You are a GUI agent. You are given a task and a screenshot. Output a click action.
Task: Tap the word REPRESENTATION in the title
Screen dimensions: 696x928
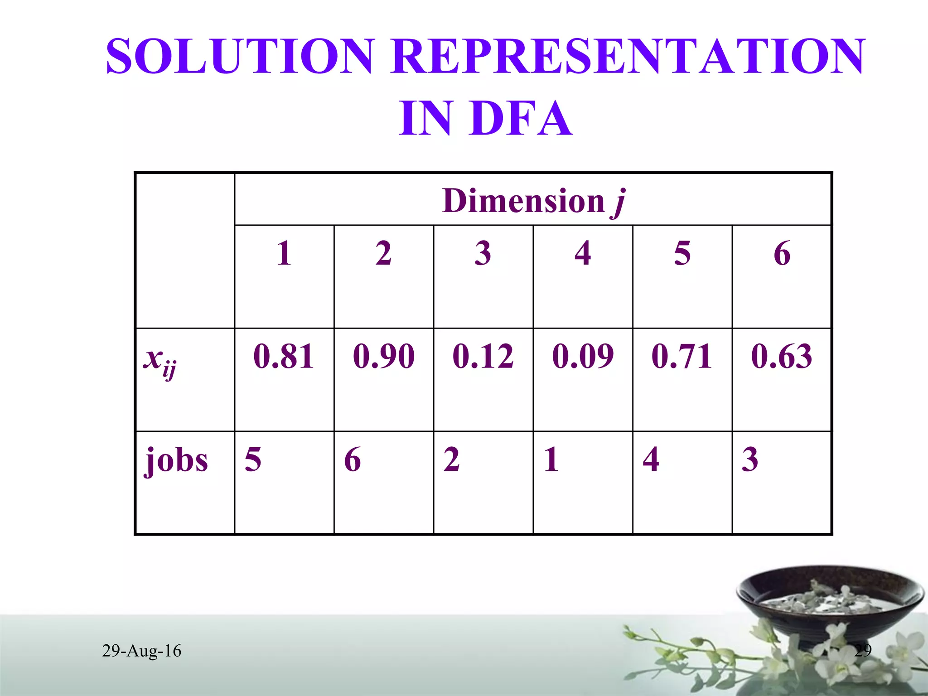click(x=628, y=56)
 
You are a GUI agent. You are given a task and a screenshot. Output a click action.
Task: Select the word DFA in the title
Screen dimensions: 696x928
click(x=521, y=119)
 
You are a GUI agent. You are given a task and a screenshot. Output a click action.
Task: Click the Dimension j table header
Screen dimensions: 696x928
click(x=533, y=200)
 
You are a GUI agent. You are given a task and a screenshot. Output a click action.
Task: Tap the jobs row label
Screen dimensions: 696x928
click(x=176, y=459)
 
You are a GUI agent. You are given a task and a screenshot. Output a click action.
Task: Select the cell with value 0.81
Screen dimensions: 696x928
click(x=284, y=356)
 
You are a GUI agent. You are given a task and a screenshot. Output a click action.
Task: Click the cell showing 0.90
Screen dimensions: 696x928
click(x=384, y=356)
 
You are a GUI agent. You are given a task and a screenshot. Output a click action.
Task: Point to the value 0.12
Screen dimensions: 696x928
click(x=483, y=356)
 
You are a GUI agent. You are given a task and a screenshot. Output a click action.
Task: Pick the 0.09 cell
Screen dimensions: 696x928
click(x=583, y=356)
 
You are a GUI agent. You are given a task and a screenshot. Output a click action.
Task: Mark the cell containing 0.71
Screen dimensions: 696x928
click(x=682, y=356)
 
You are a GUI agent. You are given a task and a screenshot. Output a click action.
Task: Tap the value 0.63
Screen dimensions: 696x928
click(x=782, y=356)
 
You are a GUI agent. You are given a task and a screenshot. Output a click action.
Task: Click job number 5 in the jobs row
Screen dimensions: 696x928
click(x=253, y=459)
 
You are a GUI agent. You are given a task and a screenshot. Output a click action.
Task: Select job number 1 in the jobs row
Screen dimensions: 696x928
click(x=551, y=459)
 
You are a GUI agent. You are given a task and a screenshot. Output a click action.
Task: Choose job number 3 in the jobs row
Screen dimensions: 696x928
click(x=750, y=459)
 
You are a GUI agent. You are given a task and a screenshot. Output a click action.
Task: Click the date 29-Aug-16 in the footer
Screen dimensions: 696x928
click(x=141, y=651)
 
